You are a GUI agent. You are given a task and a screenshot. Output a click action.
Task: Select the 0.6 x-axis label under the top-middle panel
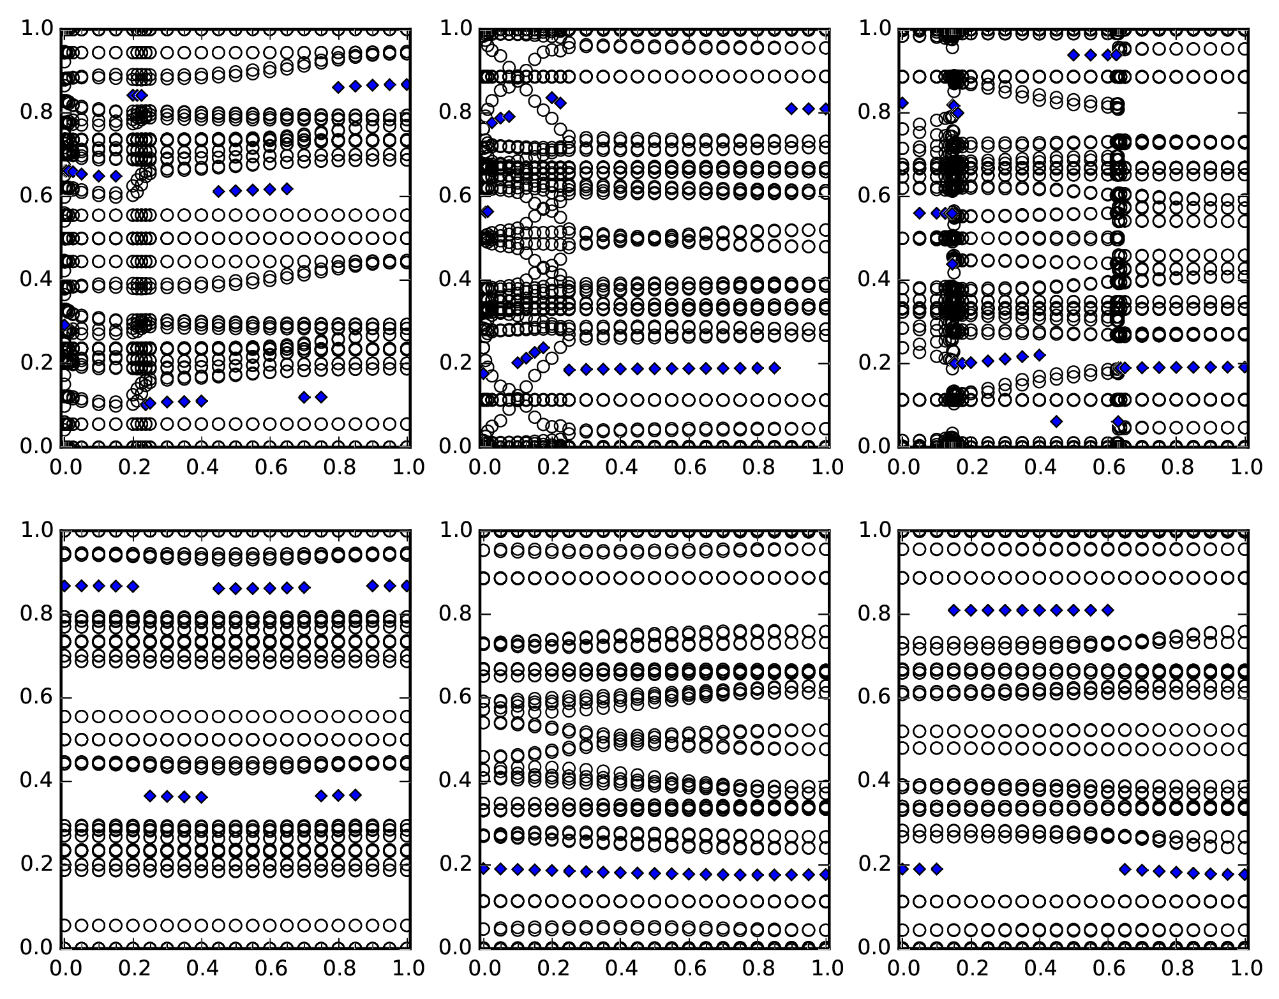click(x=689, y=468)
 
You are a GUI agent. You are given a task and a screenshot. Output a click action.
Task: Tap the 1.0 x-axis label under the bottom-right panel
click(x=1245, y=969)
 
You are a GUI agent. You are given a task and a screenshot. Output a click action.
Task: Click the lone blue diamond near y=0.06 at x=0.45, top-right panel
click(x=1057, y=421)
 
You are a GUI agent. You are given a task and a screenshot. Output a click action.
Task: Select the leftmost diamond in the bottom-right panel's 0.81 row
click(x=954, y=610)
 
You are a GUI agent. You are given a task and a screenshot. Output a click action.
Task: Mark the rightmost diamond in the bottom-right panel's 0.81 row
click(x=1108, y=610)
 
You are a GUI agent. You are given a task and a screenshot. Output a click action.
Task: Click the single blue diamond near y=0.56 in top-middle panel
click(x=488, y=211)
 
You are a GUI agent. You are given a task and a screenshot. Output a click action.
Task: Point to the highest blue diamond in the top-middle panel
click(x=552, y=98)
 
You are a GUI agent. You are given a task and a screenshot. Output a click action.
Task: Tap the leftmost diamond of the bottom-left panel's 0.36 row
click(x=150, y=796)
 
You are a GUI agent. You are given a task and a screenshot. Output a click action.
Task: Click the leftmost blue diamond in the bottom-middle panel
click(x=484, y=869)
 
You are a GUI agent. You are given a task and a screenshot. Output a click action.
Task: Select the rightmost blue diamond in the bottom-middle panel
click(x=825, y=875)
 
